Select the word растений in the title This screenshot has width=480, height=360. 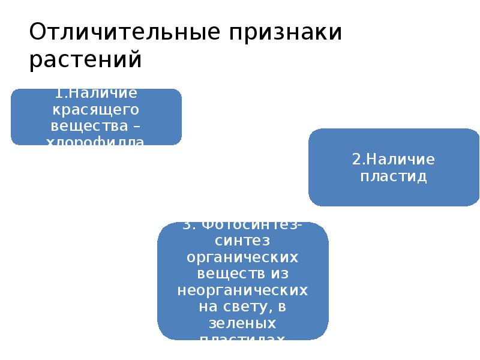coord(85,60)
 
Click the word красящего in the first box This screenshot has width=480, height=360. coord(96,110)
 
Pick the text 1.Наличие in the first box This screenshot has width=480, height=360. coord(96,94)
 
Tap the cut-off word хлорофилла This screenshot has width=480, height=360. coord(96,142)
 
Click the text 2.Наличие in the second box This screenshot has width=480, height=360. coord(393,160)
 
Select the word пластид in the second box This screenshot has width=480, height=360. coord(393,176)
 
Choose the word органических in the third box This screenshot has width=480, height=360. coord(242,256)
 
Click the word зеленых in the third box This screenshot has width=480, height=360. coord(242,323)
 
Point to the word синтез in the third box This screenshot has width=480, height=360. coord(242,240)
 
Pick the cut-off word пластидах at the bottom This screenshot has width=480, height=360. coord(242,338)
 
